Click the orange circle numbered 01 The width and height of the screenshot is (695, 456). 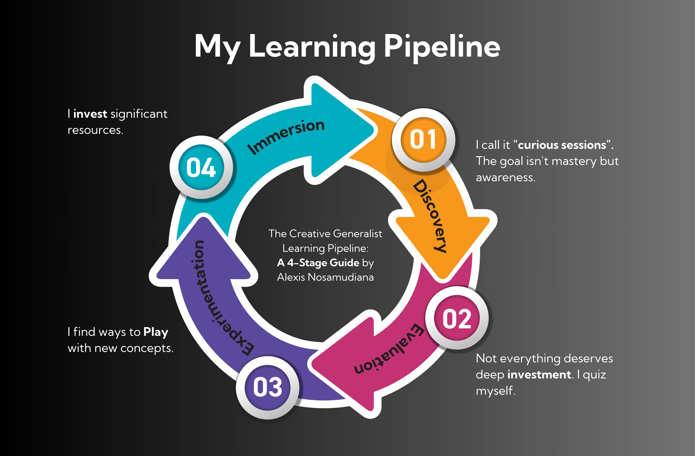pyautogui.click(x=423, y=139)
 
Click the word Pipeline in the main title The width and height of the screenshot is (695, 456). pyautogui.click(x=441, y=47)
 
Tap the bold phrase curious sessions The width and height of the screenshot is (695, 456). pyautogui.click(x=562, y=145)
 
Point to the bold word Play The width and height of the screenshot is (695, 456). pyautogui.click(x=156, y=332)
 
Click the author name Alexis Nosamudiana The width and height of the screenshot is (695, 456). pyautogui.click(x=325, y=277)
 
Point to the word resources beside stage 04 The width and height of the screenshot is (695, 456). pyautogui.click(x=95, y=130)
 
